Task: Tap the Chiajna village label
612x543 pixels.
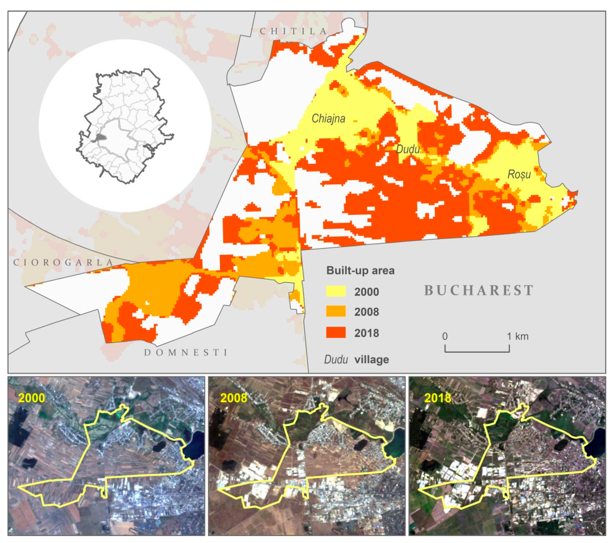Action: [x=329, y=118]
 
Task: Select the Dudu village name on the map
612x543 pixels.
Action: [x=408, y=149]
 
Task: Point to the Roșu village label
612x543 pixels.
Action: [x=519, y=174]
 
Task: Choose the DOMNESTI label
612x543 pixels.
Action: [x=186, y=352]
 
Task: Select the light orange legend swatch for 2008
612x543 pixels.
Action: [x=336, y=312]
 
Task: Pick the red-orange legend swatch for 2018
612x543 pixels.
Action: [x=336, y=333]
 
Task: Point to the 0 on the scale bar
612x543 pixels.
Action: [x=445, y=336]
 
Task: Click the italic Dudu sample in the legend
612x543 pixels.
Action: [x=336, y=360]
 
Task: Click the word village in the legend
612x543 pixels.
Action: [x=372, y=360]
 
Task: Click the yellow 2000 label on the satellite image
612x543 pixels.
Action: [x=32, y=398]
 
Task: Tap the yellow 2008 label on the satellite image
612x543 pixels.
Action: [x=234, y=398]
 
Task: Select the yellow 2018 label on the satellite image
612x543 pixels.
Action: [x=437, y=398]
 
